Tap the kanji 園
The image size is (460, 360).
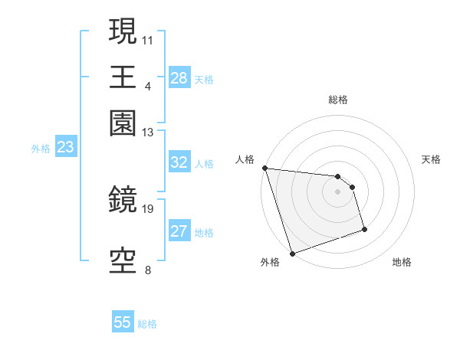click(x=123, y=123)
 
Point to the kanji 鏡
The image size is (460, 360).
click(x=123, y=200)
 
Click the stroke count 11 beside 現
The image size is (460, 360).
click(x=148, y=38)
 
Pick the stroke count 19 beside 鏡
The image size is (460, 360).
click(x=148, y=208)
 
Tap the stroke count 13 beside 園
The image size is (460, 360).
click(x=148, y=132)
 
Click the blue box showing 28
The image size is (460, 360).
click(x=179, y=77)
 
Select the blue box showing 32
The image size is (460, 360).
click(x=179, y=162)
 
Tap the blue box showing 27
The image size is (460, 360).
click(x=179, y=231)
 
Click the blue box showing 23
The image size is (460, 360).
click(x=65, y=147)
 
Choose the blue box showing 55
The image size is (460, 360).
click(x=123, y=322)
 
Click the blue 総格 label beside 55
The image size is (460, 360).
click(x=147, y=324)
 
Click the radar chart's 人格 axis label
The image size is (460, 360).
click(x=245, y=159)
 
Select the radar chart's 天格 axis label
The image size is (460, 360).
click(x=431, y=159)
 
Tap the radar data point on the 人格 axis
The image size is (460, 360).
click(x=264, y=168)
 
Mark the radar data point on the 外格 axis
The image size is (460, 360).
click(x=292, y=254)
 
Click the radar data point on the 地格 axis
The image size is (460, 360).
click(x=364, y=229)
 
